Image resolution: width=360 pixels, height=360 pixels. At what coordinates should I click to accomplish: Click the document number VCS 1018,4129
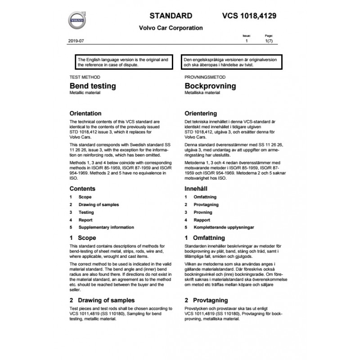pyautogui.click(x=249, y=16)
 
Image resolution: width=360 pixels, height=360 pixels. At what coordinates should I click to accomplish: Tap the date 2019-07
pyautogui.click(x=77, y=41)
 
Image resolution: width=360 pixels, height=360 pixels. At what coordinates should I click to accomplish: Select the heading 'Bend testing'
pyautogui.click(x=92, y=85)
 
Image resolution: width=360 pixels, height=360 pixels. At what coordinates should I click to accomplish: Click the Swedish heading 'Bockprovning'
pyautogui.click(x=210, y=85)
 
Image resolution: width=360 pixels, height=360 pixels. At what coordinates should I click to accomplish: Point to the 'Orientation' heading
pyautogui.click(x=85, y=113)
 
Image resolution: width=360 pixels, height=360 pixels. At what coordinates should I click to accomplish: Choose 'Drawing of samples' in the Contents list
pyautogui.click(x=99, y=205)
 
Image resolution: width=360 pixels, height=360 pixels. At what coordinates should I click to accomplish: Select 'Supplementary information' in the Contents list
pyautogui.click(x=106, y=228)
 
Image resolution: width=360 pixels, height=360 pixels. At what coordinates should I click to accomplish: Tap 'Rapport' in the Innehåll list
pyautogui.click(x=202, y=220)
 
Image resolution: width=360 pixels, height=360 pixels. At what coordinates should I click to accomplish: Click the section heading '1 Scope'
pyautogui.click(x=83, y=238)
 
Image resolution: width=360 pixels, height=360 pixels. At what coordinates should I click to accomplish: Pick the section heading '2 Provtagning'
pyautogui.click(x=206, y=300)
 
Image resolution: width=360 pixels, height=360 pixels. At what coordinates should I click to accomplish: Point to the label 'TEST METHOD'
pyautogui.click(x=82, y=77)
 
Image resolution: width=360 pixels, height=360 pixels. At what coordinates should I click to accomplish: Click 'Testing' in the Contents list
pyautogui.click(x=86, y=212)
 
